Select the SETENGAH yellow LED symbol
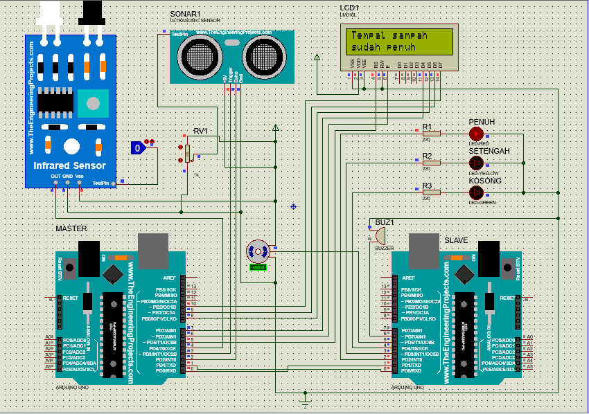click(476, 162)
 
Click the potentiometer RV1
click(186, 152)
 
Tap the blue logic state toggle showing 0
click(139, 147)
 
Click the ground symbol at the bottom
click(304, 401)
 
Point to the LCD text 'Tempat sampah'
click(389, 35)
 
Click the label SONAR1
click(185, 14)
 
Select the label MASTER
click(72, 228)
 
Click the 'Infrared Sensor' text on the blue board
click(70, 165)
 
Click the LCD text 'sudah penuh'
click(383, 48)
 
